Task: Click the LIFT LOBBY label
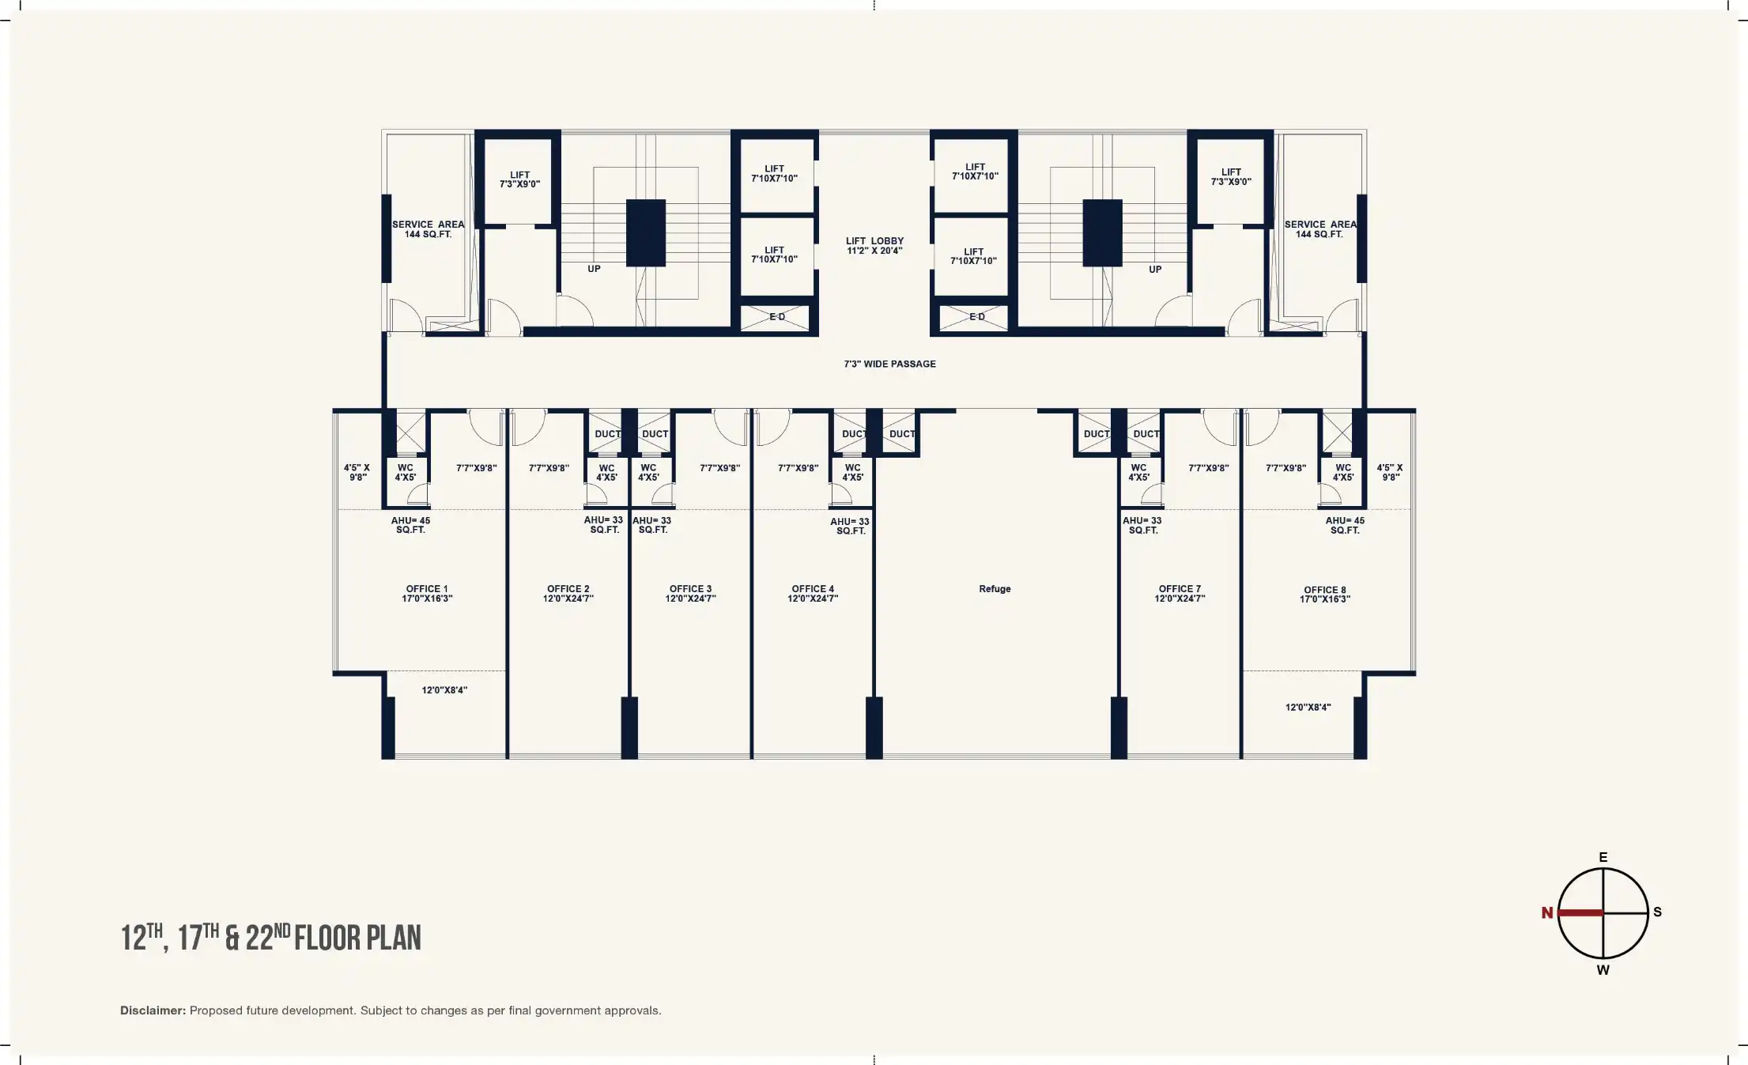pyautogui.click(x=874, y=246)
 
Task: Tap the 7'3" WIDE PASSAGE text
pyautogui.click(x=889, y=364)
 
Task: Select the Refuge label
pyautogui.click(x=995, y=589)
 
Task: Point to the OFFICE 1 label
pyautogui.click(x=427, y=594)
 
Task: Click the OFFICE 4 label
pyautogui.click(x=813, y=594)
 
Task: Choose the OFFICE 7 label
pyautogui.click(x=1180, y=594)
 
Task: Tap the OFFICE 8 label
pyautogui.click(x=1325, y=595)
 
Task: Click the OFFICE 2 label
pyautogui.click(x=568, y=594)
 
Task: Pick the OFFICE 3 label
pyautogui.click(x=690, y=594)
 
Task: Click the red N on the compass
pyautogui.click(x=1547, y=913)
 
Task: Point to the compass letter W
pyautogui.click(x=1603, y=970)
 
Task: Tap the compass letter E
pyautogui.click(x=1603, y=857)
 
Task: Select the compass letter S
pyautogui.click(x=1658, y=912)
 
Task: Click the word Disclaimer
pyautogui.click(x=153, y=1010)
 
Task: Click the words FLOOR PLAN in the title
pyautogui.click(x=358, y=938)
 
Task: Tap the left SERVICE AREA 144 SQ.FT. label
pyautogui.click(x=429, y=229)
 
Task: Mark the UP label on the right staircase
pyautogui.click(x=1155, y=270)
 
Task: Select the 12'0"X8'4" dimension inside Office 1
pyautogui.click(x=444, y=690)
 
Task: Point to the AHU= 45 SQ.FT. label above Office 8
pyautogui.click(x=1345, y=526)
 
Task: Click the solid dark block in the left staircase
pyautogui.click(x=646, y=233)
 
